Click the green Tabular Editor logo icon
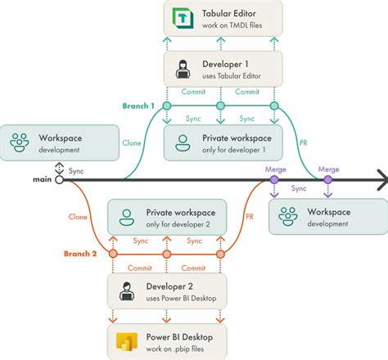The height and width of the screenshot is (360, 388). tap(178, 17)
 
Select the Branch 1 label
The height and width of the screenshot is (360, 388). tap(138, 106)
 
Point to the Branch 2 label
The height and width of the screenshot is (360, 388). tap(81, 254)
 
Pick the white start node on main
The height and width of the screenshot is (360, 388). tap(59, 178)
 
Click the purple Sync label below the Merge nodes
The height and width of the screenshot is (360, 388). tap(299, 188)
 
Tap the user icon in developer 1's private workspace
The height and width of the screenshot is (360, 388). tap(183, 144)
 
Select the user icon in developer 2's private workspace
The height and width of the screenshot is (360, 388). tap(127, 217)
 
